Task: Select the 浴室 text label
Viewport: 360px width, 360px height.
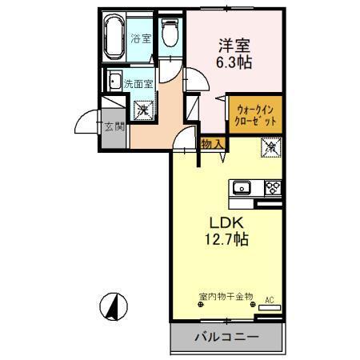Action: coord(141,37)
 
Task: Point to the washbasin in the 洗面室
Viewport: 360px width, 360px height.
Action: coord(114,82)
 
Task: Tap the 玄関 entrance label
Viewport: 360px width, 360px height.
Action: coord(113,126)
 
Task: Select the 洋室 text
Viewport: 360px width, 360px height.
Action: coord(233,44)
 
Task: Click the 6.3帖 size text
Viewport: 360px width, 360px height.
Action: coord(233,62)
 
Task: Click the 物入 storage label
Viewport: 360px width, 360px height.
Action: coord(210,144)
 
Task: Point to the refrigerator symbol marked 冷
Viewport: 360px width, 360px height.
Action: coord(270,147)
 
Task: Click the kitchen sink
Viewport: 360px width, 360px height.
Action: coord(242,189)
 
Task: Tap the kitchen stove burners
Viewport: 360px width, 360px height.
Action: coord(272,189)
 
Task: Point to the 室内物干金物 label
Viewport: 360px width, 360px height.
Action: coord(226,296)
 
